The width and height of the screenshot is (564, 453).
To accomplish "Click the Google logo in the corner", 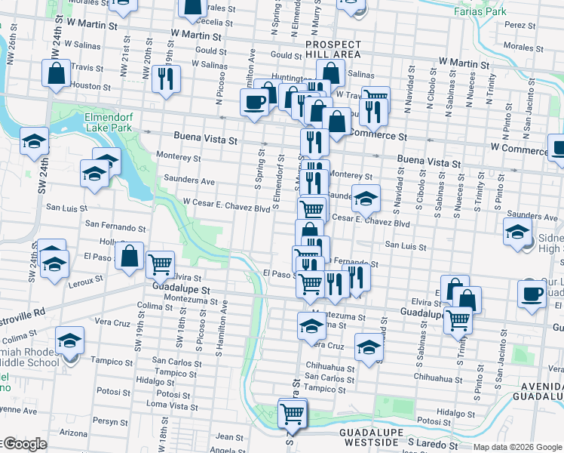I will click(x=25, y=444).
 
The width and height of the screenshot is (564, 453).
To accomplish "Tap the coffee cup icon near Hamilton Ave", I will click(x=256, y=101).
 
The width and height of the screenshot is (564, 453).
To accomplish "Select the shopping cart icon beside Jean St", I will click(x=292, y=413).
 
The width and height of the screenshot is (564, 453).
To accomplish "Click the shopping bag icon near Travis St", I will click(x=57, y=74).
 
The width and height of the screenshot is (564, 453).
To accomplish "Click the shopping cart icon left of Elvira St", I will click(x=160, y=263).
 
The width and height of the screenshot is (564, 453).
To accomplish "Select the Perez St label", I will click(x=520, y=25).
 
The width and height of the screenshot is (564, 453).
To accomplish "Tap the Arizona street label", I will click(x=73, y=433).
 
